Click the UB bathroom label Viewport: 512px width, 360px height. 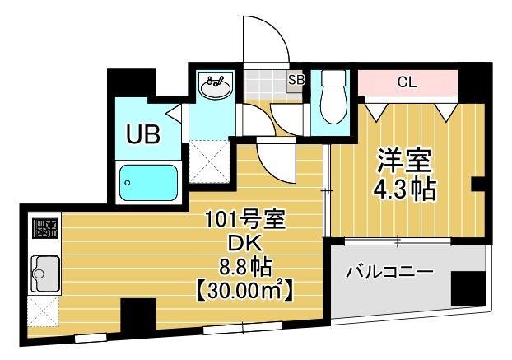click(142, 133)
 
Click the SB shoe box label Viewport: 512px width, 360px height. click(296, 80)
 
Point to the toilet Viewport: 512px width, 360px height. click(333, 98)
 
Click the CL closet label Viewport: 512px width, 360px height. click(407, 82)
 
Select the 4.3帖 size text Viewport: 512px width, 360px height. click(404, 190)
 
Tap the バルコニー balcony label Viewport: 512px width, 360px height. click(389, 270)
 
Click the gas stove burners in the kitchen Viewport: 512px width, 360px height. click(44, 227)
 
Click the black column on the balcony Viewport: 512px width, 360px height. click(468, 286)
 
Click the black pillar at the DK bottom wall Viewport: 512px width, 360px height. click(137, 316)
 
